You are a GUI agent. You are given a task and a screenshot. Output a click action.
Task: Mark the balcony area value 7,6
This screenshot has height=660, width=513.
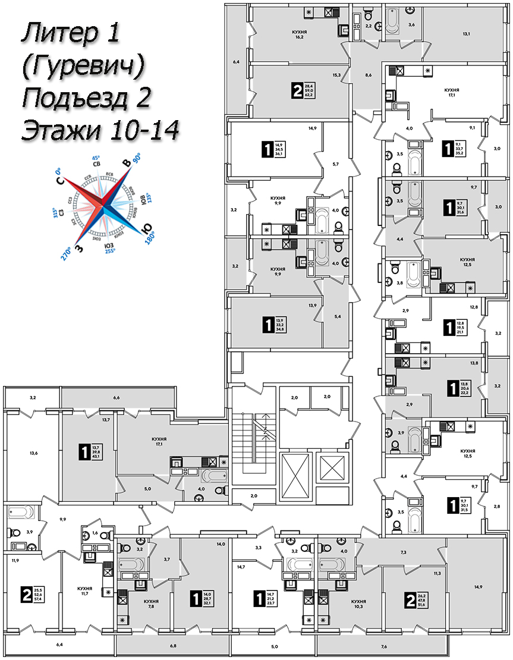383,647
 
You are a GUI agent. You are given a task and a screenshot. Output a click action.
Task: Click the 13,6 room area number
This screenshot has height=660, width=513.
33,453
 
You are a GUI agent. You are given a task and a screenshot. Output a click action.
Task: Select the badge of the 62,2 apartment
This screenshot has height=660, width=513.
297,90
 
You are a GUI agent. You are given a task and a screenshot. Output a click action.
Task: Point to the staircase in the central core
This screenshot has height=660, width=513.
254,440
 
